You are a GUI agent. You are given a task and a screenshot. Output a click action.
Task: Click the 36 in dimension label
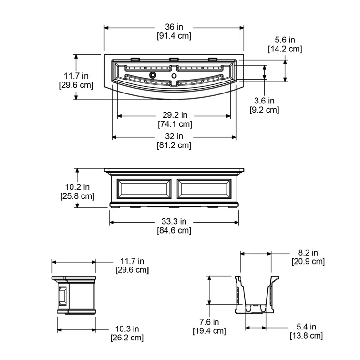[174, 27]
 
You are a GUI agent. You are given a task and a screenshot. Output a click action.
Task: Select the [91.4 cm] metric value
[174, 35]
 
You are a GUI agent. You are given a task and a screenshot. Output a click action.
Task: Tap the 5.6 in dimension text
[284, 40]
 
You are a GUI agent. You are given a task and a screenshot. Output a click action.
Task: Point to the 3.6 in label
[264, 101]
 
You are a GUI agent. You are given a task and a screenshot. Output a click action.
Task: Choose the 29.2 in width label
[174, 115]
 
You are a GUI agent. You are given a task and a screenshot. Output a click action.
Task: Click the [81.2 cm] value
[174, 145]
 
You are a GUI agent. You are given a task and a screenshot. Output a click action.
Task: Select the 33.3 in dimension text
[174, 222]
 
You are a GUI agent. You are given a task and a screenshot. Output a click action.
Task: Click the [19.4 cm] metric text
[209, 330]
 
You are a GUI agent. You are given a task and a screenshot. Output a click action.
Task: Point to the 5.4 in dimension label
[306, 327]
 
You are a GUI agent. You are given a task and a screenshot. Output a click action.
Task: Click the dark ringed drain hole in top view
[153, 75]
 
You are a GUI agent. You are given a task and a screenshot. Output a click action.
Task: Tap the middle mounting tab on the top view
[174, 60]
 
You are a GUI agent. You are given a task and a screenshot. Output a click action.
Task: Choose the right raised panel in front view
[205, 189]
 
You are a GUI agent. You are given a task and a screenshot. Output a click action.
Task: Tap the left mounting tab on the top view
[135, 60]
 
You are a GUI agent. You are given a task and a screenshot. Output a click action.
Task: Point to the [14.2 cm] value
[284, 49]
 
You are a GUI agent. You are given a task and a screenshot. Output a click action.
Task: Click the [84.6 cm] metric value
[174, 231]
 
